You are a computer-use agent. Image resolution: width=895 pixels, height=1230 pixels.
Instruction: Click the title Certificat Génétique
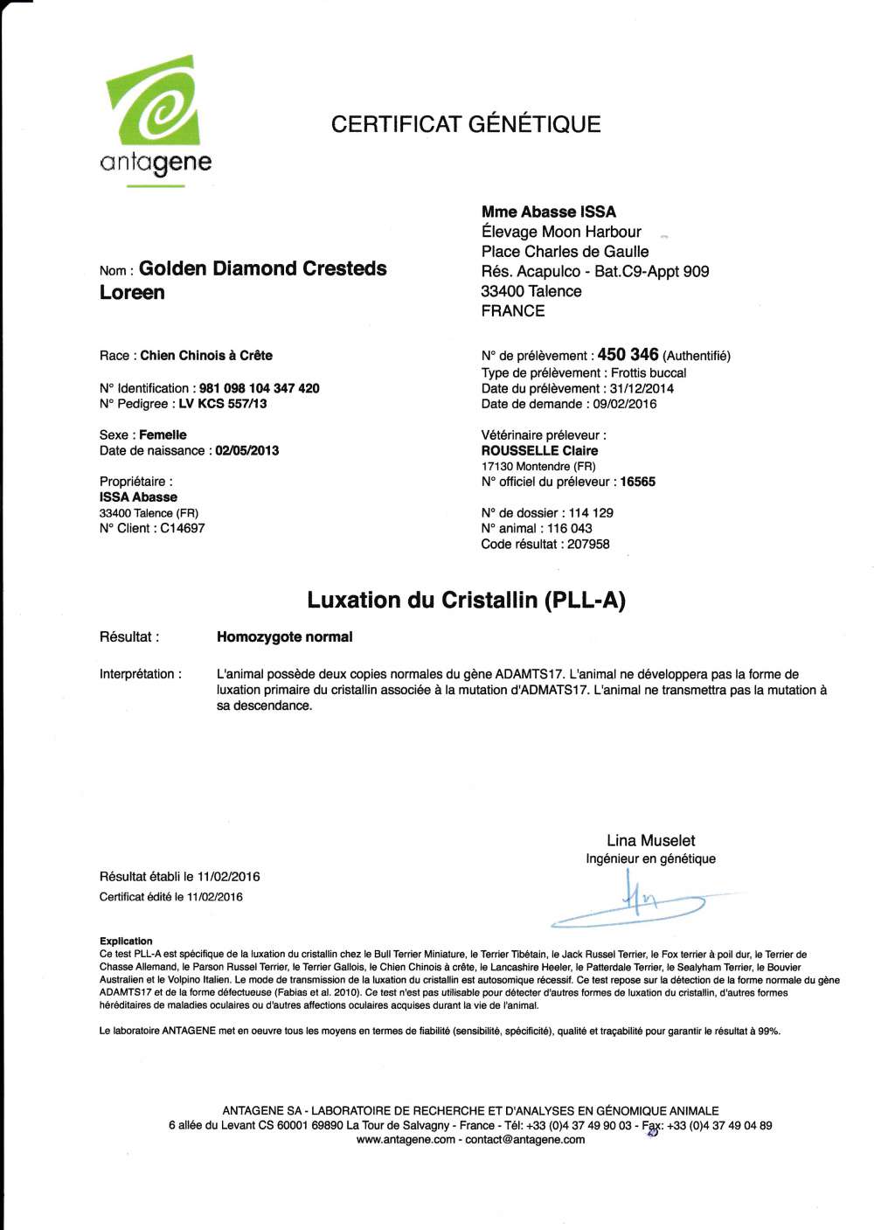465,124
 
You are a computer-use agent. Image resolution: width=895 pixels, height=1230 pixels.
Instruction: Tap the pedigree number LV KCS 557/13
223,404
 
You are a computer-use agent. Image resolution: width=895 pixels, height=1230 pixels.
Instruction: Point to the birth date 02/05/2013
247,451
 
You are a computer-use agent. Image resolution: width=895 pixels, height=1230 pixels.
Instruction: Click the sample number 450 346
628,355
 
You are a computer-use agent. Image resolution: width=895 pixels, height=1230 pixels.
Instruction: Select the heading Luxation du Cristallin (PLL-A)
466,601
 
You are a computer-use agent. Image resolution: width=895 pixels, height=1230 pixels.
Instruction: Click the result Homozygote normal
285,637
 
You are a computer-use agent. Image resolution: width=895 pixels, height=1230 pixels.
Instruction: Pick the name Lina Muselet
651,840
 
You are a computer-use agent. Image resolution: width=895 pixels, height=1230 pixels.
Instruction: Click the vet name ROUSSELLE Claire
539,451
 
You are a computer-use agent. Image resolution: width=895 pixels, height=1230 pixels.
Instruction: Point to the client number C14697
183,528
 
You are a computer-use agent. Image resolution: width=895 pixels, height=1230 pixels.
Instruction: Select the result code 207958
588,544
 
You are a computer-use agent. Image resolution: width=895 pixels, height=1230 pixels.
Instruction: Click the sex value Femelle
163,435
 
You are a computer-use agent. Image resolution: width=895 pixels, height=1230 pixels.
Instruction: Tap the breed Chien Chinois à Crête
206,356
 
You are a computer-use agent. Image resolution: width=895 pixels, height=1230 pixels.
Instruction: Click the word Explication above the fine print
126,941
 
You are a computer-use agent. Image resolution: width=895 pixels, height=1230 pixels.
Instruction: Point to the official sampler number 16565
637,482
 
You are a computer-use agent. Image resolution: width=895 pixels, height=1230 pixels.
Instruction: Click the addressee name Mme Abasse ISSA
549,212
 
